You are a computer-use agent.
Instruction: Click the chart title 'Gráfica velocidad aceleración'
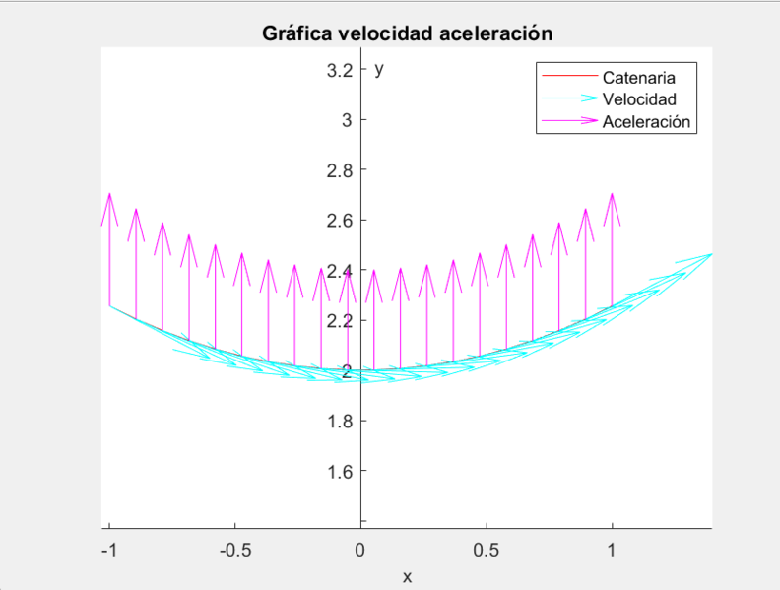tap(407, 33)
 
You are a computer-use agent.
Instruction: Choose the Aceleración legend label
tap(646, 122)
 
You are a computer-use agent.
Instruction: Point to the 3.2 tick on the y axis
tap(342, 70)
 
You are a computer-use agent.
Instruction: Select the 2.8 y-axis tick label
tap(342, 170)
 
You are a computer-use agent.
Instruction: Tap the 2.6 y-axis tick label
tap(342, 221)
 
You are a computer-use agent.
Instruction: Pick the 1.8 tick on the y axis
tap(342, 421)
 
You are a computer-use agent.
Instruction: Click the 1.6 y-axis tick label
tap(342, 471)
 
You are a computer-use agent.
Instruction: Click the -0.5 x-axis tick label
tap(233, 551)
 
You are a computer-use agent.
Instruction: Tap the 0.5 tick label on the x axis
tap(486, 551)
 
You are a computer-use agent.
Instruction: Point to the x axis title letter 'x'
tap(407, 576)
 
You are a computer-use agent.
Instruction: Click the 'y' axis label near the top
tap(379, 70)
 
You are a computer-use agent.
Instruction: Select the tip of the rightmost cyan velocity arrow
tap(710, 254)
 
